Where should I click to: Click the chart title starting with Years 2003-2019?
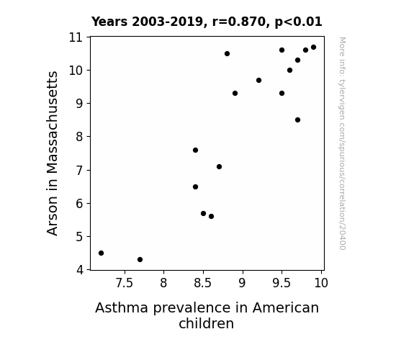pos(207,22)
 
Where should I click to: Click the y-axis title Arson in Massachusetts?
pos(52,153)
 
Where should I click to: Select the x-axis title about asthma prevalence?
pos(207,315)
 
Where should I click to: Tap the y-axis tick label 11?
pos(76,37)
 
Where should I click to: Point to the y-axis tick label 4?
pos(80,270)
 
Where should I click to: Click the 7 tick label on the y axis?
pos(80,171)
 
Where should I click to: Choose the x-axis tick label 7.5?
pos(125,283)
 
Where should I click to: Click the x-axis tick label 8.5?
pos(203,283)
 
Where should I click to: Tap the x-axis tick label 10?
pos(321,283)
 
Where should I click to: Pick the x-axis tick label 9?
pos(242,283)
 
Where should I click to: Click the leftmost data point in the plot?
pos(101,253)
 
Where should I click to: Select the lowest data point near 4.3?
pos(140,260)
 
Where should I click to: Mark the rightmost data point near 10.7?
pos(313,48)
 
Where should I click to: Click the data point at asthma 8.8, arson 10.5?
pos(227,53)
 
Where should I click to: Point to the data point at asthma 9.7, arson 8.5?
pos(297,120)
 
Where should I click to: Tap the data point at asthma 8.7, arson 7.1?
pos(219,166)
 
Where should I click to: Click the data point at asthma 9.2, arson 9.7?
pos(258,81)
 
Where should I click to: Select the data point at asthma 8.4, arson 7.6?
pos(195,150)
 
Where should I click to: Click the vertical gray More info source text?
pos(342,143)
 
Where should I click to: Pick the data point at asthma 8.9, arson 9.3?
pos(235,93)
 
